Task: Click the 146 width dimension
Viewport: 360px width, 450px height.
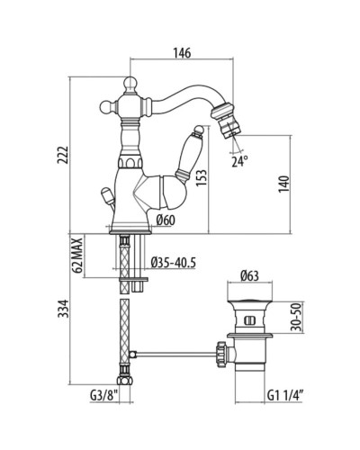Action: click(x=182, y=53)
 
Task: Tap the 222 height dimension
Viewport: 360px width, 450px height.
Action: click(x=63, y=155)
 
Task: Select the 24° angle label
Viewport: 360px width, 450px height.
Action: click(x=239, y=162)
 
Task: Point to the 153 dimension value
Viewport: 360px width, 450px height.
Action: click(x=202, y=178)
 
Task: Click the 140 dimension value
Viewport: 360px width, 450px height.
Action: click(x=283, y=184)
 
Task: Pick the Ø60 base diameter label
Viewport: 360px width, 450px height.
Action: click(x=166, y=220)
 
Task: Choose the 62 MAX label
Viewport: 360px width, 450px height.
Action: click(x=78, y=256)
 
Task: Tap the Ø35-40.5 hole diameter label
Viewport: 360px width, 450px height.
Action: click(x=174, y=263)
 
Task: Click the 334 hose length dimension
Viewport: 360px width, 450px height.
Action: click(x=63, y=309)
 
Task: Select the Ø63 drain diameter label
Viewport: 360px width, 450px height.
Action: click(x=250, y=275)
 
